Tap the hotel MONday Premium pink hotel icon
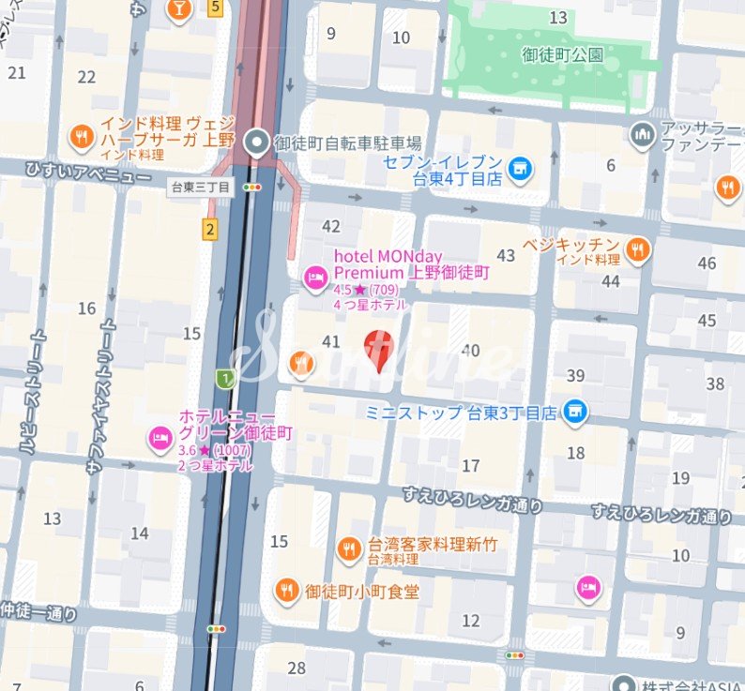click(315, 277)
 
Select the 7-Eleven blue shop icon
click(518, 170)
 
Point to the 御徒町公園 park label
click(563, 54)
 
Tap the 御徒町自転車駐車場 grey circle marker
click(255, 143)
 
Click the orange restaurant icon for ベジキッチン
click(638, 249)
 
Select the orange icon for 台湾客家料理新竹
click(349, 548)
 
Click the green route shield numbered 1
click(224, 378)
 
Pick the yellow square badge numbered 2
click(209, 228)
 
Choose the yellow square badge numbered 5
click(215, 8)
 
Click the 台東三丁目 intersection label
click(200, 188)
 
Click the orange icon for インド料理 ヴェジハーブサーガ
click(82, 139)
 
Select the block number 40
click(470, 351)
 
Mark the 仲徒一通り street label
click(38, 614)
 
